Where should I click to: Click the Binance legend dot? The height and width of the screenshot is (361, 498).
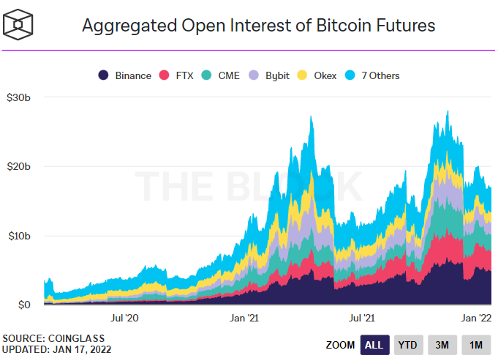click(103, 75)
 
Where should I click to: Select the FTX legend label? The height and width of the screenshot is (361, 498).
click(184, 75)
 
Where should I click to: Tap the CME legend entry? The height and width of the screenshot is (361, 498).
click(221, 75)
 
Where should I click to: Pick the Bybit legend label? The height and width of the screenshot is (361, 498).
click(277, 76)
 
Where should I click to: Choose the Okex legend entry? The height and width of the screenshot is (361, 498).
click(317, 75)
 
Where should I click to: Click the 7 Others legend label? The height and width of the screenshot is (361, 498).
click(380, 75)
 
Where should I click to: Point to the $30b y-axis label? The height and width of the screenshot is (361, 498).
click(18, 97)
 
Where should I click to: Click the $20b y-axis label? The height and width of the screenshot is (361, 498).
click(18, 166)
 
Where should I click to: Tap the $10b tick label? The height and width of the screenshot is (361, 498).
click(19, 236)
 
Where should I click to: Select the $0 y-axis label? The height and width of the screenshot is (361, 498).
click(24, 305)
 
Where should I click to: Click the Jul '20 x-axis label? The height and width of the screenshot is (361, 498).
click(124, 318)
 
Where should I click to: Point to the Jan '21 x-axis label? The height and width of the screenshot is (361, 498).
click(244, 318)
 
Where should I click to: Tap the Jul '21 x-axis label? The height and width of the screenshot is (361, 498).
click(362, 318)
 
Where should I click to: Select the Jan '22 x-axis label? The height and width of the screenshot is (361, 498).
click(476, 318)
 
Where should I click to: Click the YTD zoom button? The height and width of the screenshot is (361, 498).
click(409, 345)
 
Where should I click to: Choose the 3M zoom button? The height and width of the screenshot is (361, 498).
click(442, 345)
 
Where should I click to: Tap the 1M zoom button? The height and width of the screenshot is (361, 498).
click(476, 345)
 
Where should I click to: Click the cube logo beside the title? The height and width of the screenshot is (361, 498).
click(18, 24)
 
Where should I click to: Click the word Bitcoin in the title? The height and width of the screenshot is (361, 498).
click(344, 25)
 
